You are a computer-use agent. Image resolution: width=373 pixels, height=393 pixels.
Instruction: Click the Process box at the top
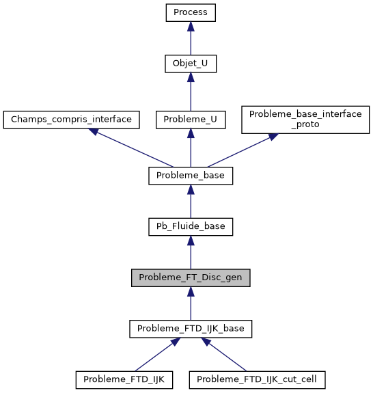[x=191, y=13]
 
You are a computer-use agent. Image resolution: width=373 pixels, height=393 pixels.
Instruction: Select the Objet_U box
[x=191, y=64]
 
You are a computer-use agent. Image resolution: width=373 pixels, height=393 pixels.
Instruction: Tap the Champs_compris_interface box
[x=72, y=120]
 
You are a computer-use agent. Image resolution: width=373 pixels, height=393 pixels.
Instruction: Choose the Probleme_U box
[x=191, y=120]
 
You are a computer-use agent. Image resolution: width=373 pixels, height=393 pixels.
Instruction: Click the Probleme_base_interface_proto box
[x=305, y=119]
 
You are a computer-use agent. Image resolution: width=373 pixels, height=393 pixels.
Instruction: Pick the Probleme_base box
[x=191, y=176]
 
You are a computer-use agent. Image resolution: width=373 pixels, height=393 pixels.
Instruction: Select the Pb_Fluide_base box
[x=191, y=226]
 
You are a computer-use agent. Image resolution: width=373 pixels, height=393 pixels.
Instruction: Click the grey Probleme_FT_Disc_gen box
[x=191, y=277]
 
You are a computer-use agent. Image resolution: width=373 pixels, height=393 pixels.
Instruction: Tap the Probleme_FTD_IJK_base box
[x=191, y=329]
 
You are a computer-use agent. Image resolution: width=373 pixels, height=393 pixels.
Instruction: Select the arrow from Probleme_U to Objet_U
[x=191, y=92]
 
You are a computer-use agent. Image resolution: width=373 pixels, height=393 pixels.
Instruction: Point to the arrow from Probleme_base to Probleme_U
[x=191, y=148]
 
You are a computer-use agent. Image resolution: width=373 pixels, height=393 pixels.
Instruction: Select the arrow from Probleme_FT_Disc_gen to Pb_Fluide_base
[x=191, y=252]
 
